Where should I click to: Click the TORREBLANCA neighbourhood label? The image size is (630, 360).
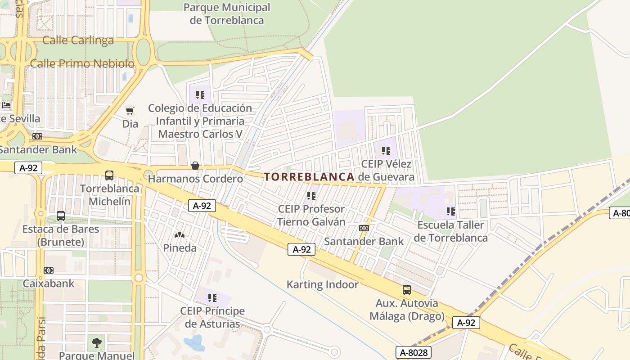pos(309,177)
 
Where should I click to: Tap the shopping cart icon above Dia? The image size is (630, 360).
pos(130,111)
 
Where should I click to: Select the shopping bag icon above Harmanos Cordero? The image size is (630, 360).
pos(195,166)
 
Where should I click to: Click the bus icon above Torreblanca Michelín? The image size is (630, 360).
pos(109,175)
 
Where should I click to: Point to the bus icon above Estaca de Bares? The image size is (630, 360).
pos(61,216)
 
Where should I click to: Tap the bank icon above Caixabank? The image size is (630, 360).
pos(49,270)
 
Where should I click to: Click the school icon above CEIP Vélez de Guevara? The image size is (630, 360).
pos(386,151)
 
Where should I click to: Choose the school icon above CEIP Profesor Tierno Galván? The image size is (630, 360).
pos(311,196)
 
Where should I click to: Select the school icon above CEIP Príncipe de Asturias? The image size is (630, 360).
pos(212,297)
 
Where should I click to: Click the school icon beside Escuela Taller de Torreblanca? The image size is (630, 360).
pos(451,211)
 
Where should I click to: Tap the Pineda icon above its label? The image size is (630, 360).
pos(180,235)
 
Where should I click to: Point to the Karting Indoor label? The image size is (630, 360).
pos(323,284)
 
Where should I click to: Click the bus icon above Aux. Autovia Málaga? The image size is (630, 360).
pos(407,290)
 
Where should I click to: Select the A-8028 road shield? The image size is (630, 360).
pos(414,352)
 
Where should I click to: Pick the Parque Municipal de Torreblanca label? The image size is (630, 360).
pos(227,13)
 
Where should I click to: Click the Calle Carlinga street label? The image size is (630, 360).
pos(78,40)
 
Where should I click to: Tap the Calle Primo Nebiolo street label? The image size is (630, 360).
pos(82,64)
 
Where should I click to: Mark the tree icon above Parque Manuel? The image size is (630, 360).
pos(96,343)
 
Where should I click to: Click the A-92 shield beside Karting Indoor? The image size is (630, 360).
pos(301,249)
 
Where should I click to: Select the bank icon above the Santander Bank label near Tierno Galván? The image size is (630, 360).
pos(364,228)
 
